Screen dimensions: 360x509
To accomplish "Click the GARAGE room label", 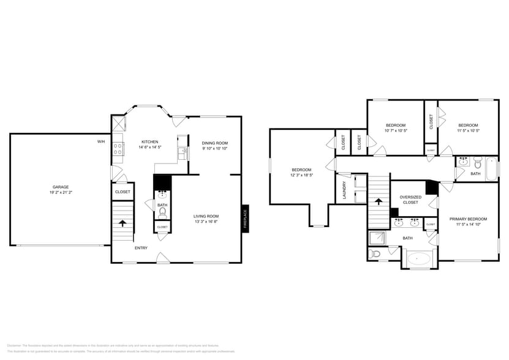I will pyautogui.click(x=60, y=187).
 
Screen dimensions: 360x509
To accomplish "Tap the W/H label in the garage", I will pyautogui.click(x=101, y=141).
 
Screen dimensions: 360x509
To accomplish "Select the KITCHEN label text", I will pyautogui.click(x=150, y=141).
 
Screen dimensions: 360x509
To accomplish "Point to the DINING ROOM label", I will pyautogui.click(x=214, y=143).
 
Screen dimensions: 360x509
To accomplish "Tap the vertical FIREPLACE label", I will pyautogui.click(x=245, y=219).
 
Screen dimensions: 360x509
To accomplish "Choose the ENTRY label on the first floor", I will pyautogui.click(x=141, y=247).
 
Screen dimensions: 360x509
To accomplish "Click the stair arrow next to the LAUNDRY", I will pyautogui.click(x=379, y=201).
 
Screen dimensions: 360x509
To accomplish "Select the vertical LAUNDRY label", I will pyautogui.click(x=344, y=189).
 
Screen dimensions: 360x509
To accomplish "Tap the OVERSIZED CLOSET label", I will pyautogui.click(x=410, y=200).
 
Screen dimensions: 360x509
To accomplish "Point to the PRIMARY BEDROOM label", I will pyautogui.click(x=468, y=219).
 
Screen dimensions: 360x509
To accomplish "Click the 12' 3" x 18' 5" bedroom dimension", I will pyautogui.click(x=301, y=175).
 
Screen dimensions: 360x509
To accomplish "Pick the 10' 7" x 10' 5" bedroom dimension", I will pyautogui.click(x=396, y=130).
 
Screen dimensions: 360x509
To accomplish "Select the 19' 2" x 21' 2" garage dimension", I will pyautogui.click(x=60, y=192).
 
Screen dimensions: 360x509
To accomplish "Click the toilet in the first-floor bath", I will pyautogui.click(x=162, y=214).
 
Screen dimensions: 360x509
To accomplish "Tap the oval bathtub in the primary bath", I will pyautogui.click(x=420, y=259).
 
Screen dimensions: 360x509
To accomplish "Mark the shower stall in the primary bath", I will pyautogui.click(x=377, y=238).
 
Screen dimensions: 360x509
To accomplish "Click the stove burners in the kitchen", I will pyautogui.click(x=118, y=148).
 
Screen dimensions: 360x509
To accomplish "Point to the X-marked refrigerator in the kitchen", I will pyautogui.click(x=118, y=123).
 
